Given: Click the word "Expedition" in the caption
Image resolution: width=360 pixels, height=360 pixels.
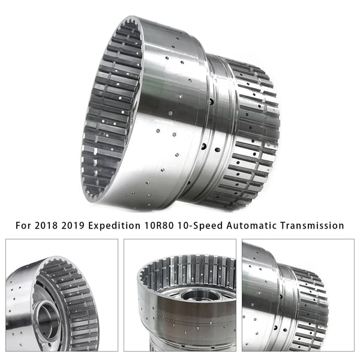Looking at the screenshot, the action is (x=115, y=226).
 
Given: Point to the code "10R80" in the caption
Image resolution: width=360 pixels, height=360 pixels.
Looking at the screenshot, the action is (x=159, y=226).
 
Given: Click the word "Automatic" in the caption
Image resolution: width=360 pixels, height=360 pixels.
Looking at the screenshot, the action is (x=251, y=226).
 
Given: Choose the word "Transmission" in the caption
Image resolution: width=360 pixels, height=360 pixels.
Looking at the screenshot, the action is (x=312, y=226).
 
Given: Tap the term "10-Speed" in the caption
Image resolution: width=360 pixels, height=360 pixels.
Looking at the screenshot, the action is (x=200, y=226).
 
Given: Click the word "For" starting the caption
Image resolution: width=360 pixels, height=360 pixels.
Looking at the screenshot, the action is (x=23, y=226).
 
